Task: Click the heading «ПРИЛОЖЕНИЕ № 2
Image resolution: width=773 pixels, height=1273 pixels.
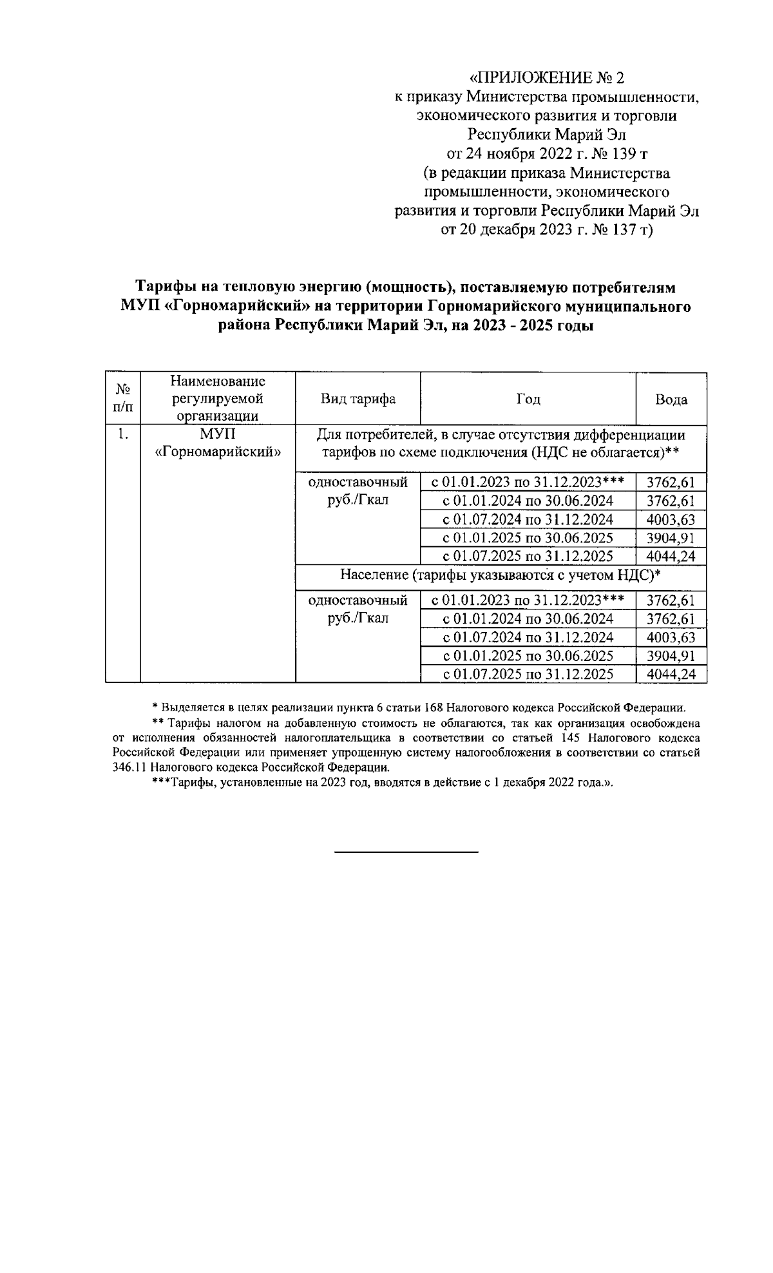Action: click(x=546, y=78)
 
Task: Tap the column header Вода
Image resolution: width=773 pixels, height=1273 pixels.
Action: click(x=671, y=399)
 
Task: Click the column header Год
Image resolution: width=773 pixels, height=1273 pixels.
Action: click(x=528, y=399)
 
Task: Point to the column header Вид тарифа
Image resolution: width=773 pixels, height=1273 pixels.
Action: click(x=358, y=399)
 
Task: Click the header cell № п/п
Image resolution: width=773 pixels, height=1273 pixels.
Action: click(x=122, y=399)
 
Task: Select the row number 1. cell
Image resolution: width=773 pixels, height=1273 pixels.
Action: click(x=122, y=434)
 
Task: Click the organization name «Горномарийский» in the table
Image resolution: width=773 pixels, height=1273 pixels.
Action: click(x=218, y=452)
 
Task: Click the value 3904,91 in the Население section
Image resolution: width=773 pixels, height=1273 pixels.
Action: click(x=671, y=656)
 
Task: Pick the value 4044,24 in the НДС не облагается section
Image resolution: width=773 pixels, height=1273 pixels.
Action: click(x=671, y=557)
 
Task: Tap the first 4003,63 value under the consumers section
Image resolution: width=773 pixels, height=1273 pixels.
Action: click(x=671, y=520)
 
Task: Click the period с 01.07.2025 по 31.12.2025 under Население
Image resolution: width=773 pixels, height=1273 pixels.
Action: click(x=528, y=675)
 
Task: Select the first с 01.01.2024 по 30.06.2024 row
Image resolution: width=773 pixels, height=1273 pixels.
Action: click(x=528, y=501)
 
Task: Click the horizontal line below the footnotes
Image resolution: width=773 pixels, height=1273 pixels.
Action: click(x=406, y=852)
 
